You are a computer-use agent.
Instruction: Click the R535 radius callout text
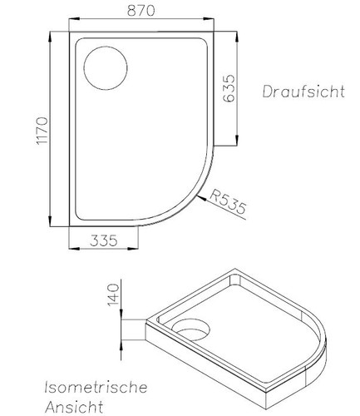(228, 203)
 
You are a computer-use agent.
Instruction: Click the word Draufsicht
(303, 91)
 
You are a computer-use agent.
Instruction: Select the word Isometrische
(96, 388)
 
